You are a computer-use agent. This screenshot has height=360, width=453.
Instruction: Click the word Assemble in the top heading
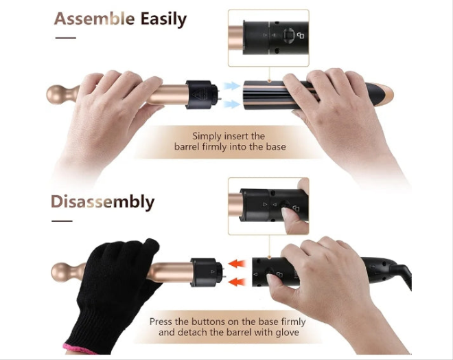tap(94, 19)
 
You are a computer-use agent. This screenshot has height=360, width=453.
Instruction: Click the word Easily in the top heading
tap(163, 20)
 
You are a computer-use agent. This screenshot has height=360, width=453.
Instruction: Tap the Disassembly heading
tap(102, 202)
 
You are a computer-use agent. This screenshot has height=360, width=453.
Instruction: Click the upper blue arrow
tap(232, 86)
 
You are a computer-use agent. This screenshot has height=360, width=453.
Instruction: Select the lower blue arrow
tap(232, 104)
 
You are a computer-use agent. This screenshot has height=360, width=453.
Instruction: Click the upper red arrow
tap(237, 264)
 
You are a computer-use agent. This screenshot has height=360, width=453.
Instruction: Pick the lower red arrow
tap(237, 282)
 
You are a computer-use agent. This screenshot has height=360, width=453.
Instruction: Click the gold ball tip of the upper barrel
tap(56, 95)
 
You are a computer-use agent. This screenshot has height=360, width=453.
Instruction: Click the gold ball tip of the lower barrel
tap(61, 272)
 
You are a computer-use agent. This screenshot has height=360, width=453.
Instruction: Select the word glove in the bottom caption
tap(287, 333)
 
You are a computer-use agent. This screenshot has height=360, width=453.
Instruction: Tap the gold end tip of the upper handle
tap(386, 94)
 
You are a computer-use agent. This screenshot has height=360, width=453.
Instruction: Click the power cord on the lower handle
tap(402, 274)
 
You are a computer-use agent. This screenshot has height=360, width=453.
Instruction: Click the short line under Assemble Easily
tap(66, 38)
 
